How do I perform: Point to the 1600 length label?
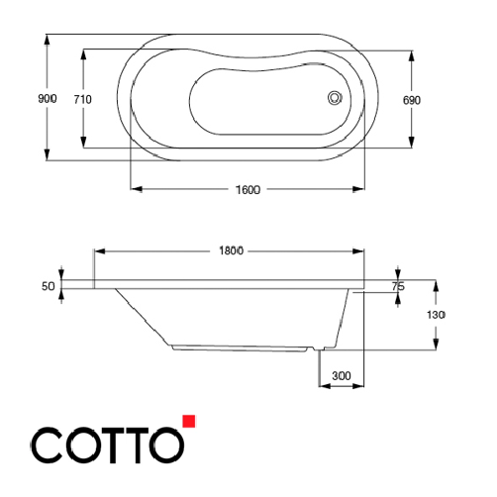click(248, 190)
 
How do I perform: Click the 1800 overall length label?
click(232, 251)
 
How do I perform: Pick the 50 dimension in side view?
click(47, 286)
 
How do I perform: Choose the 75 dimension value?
click(398, 286)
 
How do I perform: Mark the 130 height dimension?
click(437, 314)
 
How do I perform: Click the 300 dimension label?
click(341, 377)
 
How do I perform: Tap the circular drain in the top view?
click(335, 97)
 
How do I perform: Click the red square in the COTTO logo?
click(190, 420)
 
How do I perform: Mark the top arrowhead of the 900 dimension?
click(47, 43)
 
